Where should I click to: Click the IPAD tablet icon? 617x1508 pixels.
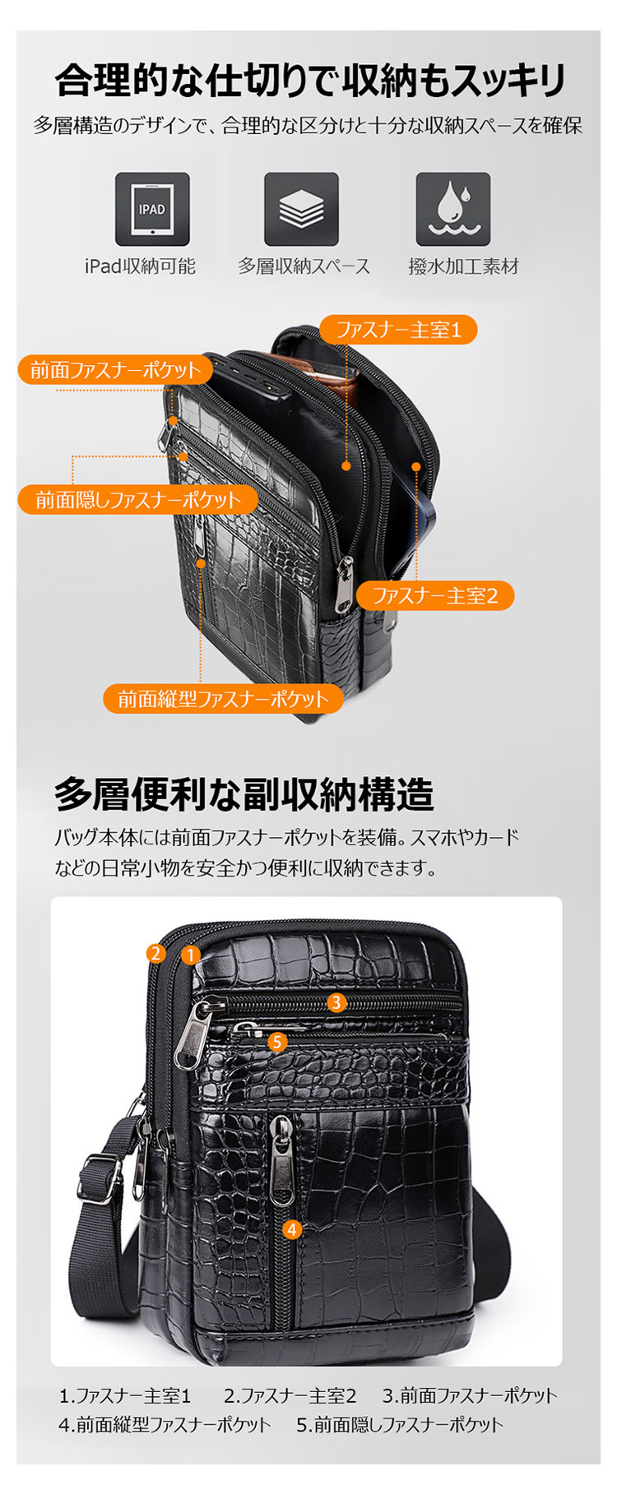pos(152,209)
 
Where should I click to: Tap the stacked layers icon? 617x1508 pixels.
pos(301,209)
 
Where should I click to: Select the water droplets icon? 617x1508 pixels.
pos(452,209)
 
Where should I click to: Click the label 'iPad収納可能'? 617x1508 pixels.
pos(140,266)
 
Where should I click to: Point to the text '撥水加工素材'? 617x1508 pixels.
pos(463,266)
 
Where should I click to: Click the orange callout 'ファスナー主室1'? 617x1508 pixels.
pos(398,330)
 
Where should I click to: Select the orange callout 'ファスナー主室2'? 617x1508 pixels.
pos(435,595)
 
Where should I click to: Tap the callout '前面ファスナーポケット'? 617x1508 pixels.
pos(115,370)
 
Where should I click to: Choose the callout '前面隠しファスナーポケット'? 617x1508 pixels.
pos(138,499)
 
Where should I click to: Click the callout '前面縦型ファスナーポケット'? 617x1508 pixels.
pos(223,699)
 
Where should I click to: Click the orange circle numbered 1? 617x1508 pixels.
pos(191,955)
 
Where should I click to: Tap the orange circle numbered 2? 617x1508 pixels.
pos(155,953)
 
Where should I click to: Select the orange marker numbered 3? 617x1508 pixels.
pos(336,1002)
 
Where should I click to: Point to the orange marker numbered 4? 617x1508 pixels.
pos(292,1229)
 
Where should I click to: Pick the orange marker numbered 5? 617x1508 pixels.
pos(277,1042)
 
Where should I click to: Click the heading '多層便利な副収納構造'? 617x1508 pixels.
pos(244,794)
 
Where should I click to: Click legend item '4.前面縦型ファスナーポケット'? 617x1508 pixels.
pos(165,1424)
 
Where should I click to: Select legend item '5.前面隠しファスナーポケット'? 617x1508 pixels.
pos(399,1424)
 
